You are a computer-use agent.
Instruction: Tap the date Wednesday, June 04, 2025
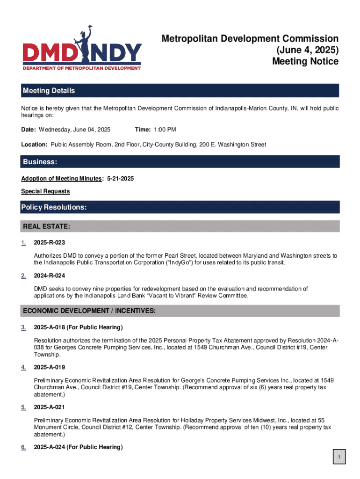click(74, 130)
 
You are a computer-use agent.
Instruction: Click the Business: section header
click(40, 162)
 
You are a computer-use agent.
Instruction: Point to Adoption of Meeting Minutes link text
click(61, 179)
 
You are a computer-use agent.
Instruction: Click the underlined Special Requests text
click(45, 191)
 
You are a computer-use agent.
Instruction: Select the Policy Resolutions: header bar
click(54, 207)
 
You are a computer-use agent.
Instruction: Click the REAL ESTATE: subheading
click(47, 227)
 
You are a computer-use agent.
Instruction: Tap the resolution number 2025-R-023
click(49, 243)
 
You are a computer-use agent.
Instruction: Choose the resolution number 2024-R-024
click(49, 276)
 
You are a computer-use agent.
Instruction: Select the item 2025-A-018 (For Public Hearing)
click(78, 327)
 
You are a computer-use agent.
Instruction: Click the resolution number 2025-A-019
click(49, 367)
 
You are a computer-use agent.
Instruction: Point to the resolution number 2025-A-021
click(49, 407)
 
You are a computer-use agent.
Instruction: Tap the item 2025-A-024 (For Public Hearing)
click(78, 448)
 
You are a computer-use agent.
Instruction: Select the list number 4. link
click(23, 367)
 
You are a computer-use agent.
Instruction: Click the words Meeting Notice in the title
click(305, 61)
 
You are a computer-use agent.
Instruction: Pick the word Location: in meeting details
click(35, 145)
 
